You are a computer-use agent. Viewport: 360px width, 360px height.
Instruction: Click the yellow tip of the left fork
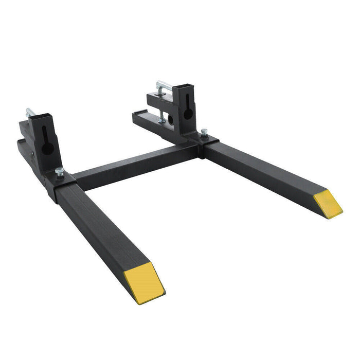tap(144, 281)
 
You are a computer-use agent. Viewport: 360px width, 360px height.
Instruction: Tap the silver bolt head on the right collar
tap(204, 132)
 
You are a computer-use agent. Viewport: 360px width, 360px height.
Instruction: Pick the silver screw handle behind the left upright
tap(30, 112)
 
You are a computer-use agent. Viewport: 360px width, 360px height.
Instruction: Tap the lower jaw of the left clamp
tap(28, 152)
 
